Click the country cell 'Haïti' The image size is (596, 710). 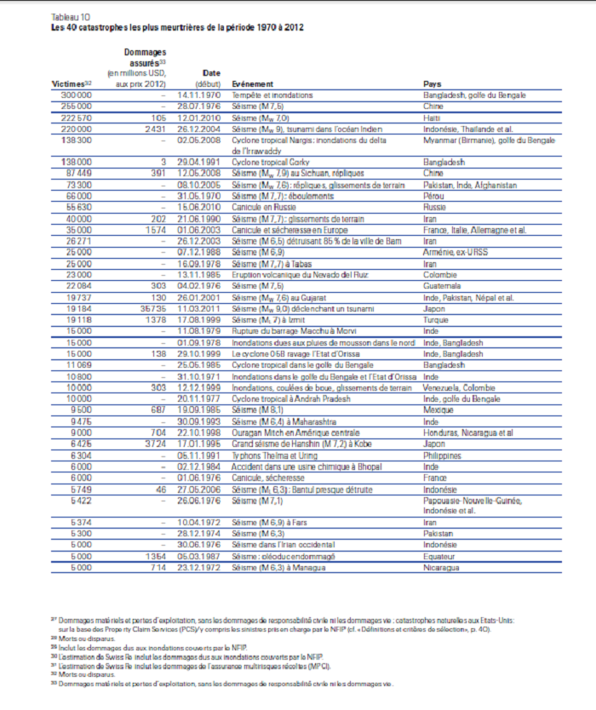(x=432, y=117)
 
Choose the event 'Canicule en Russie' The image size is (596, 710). (x=266, y=206)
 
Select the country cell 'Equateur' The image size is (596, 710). (x=439, y=556)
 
